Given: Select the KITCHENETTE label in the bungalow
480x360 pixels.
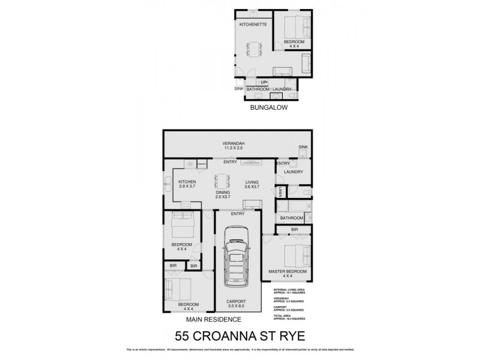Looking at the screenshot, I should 253,24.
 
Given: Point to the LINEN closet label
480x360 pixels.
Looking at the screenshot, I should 281,192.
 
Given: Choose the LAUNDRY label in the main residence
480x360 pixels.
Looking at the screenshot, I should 294,172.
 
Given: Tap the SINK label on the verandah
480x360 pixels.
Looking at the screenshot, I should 302,147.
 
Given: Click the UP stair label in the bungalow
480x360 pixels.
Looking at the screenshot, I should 263,82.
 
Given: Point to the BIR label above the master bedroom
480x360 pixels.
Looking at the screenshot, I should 295,230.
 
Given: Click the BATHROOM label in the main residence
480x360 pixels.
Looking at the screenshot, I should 292,218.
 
